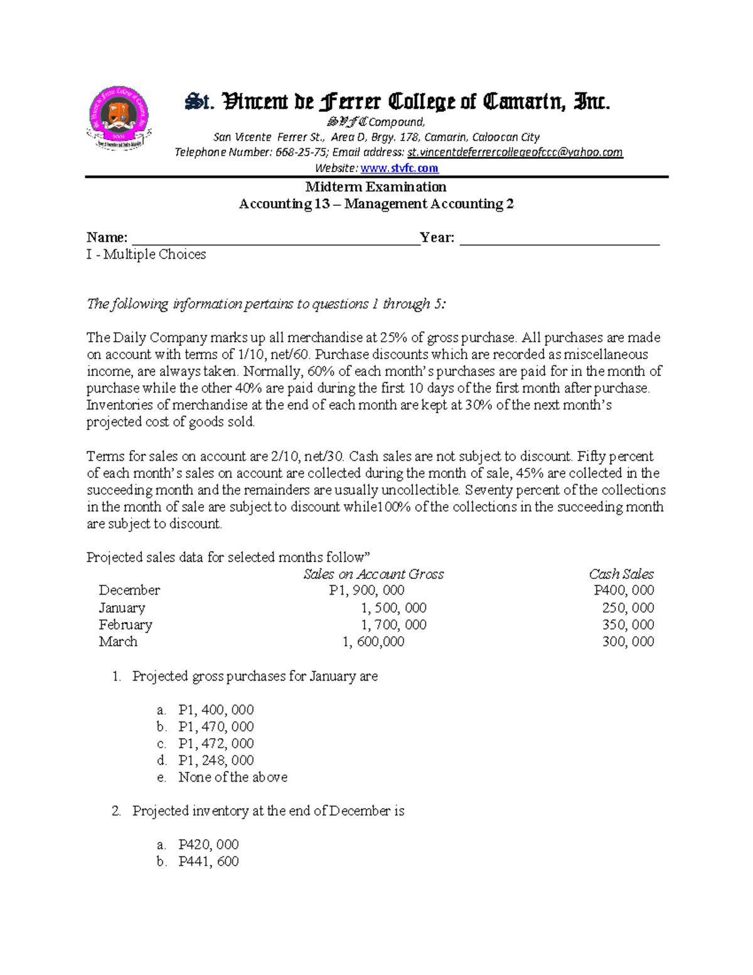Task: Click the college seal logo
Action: click(119, 118)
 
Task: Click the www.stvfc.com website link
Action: click(399, 168)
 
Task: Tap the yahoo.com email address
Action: click(515, 153)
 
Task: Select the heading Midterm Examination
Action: click(376, 187)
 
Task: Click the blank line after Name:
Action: click(275, 239)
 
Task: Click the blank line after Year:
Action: click(559, 239)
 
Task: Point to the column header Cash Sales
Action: click(621, 574)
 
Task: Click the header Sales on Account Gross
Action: click(373, 574)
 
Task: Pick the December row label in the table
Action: click(129, 590)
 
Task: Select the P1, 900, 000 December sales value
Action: click(366, 590)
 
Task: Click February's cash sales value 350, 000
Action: click(627, 625)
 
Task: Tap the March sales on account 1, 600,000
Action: click(373, 642)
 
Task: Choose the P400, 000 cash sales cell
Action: click(624, 590)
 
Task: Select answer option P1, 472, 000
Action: click(216, 743)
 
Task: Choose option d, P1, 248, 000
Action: click(216, 760)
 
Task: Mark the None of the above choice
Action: click(233, 777)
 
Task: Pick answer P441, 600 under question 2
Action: click(208, 861)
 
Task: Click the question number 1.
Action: click(116, 676)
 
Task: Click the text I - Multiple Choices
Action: click(146, 254)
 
